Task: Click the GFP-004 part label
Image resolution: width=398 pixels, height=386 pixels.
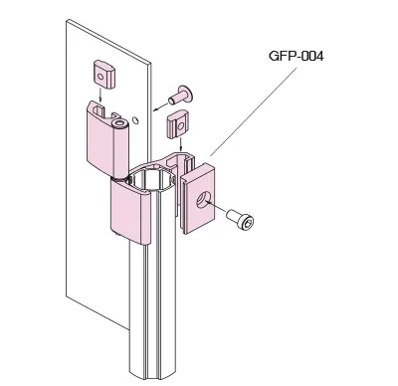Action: point(297,56)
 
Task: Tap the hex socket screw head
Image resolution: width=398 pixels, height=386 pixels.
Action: point(248,222)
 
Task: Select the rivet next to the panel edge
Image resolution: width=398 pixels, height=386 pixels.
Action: point(181,96)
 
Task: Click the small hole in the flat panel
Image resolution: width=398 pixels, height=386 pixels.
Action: point(135,120)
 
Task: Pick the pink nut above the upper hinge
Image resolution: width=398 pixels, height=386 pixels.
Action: point(102,74)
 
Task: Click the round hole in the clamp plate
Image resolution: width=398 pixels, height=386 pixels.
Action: point(202,201)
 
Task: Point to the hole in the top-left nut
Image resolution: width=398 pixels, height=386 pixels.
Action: point(100,78)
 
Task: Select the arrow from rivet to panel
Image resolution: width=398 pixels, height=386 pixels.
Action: point(160,105)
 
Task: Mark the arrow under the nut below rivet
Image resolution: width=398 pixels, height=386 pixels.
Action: point(180,144)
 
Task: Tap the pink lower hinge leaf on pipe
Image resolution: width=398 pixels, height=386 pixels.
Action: point(130,212)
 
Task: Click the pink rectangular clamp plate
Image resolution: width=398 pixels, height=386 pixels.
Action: point(198,198)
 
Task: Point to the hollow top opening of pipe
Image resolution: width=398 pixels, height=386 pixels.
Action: point(153,179)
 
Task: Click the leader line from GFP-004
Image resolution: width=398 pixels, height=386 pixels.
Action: point(253,112)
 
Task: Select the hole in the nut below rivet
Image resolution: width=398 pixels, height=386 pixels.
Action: point(180,126)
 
